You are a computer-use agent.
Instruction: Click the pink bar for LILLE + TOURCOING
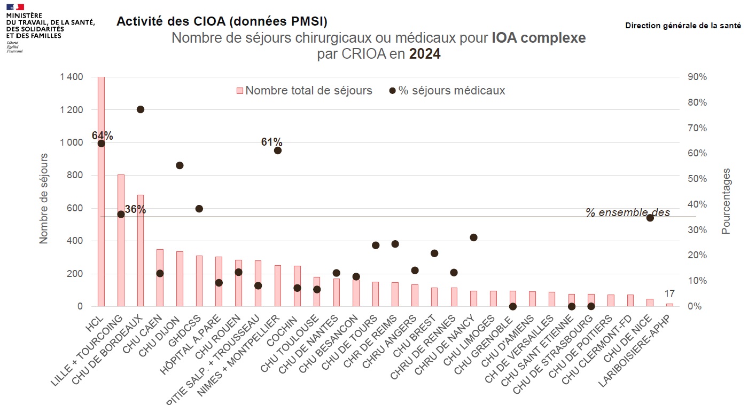(121, 240)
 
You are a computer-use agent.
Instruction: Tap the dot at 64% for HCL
(101, 143)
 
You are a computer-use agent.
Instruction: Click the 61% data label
(271, 142)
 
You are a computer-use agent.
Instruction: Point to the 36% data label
(135, 209)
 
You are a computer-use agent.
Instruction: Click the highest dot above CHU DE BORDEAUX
(141, 109)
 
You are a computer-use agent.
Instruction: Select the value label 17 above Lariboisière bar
(669, 293)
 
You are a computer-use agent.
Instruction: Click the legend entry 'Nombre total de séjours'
(304, 91)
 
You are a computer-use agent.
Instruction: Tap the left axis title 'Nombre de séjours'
(44, 198)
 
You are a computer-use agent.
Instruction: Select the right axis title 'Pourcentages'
(726, 201)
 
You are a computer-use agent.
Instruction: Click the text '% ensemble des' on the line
(627, 212)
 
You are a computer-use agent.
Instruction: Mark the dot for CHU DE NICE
(650, 218)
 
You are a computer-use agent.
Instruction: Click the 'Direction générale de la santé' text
(683, 26)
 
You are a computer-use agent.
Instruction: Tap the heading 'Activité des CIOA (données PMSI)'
(222, 21)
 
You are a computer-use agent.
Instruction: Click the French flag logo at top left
(15, 6)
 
